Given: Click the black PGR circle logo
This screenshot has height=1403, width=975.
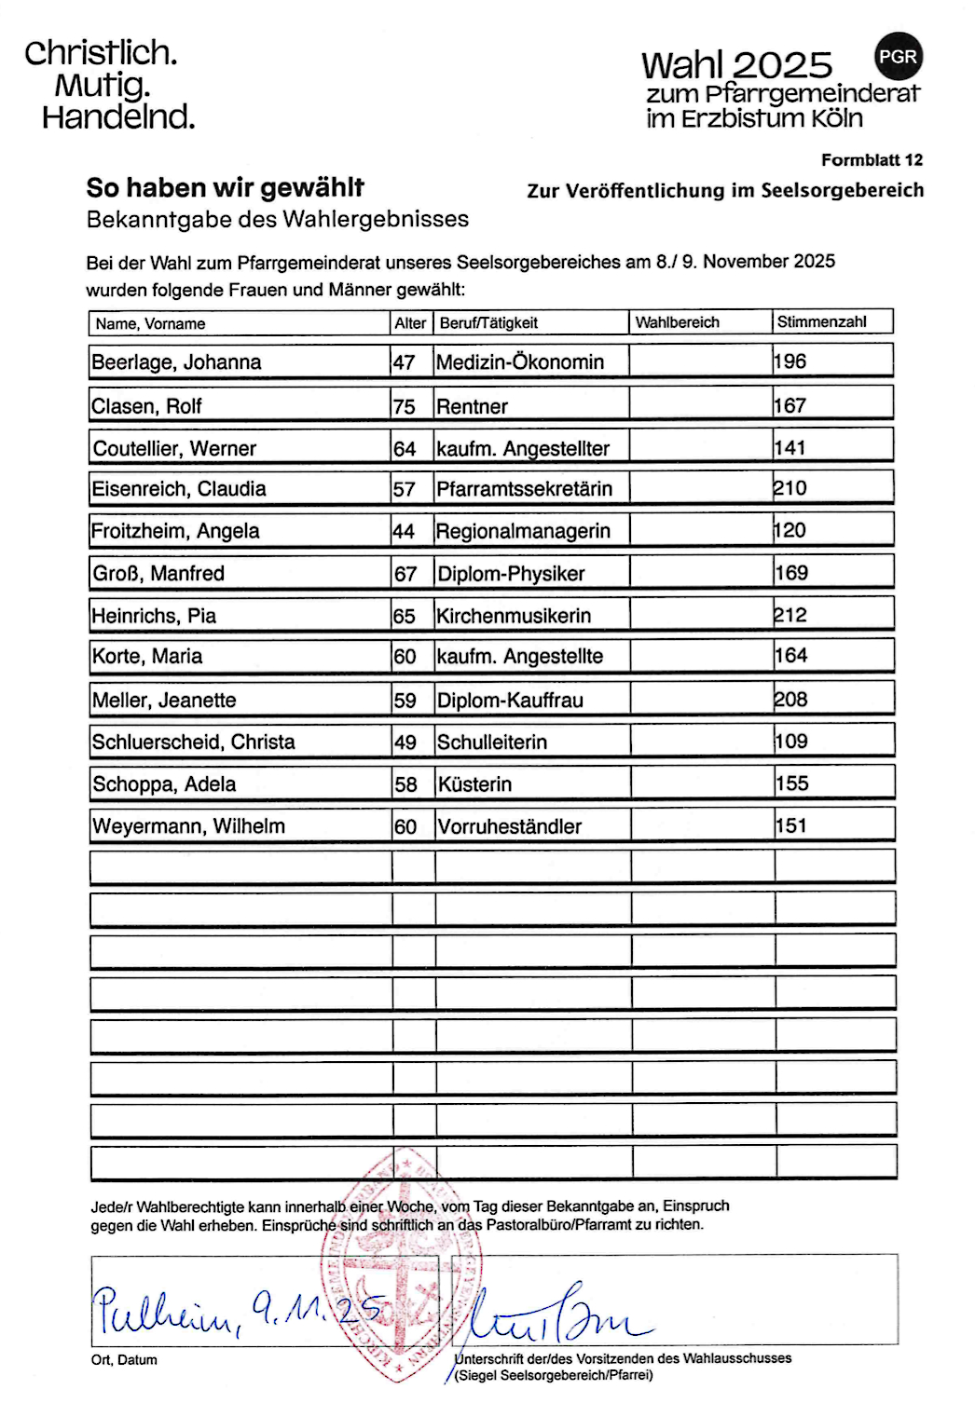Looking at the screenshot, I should point(898,56).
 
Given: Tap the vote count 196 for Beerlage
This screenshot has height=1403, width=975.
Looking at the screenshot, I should point(790,361).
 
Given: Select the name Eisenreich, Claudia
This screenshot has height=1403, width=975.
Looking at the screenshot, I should point(178,489).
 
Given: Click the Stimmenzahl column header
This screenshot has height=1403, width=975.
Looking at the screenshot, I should point(821,322).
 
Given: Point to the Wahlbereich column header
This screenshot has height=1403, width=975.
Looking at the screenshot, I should point(677,322).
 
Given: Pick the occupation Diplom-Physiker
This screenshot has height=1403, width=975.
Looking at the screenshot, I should point(511,574).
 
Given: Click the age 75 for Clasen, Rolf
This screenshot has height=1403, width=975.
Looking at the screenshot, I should point(404,406).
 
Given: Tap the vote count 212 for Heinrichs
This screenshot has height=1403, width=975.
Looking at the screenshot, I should point(790,615).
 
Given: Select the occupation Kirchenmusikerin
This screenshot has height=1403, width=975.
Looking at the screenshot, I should point(514,616).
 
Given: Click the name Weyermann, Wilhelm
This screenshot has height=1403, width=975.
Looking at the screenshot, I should point(188,826).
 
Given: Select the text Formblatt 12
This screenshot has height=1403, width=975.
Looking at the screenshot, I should point(872,160).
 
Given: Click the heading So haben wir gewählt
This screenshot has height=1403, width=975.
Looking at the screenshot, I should point(225,188).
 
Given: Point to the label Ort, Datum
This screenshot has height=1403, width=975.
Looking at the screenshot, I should point(124,1360).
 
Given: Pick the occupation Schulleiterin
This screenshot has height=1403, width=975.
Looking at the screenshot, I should point(492,742).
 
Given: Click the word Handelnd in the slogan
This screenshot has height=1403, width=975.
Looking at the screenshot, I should point(118,117).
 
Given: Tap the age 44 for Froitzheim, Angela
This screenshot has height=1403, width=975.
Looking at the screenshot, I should point(404,532).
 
